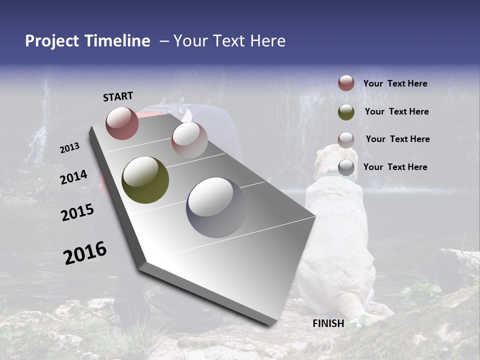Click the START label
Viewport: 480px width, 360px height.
point(118,96)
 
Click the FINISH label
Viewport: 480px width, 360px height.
point(328,323)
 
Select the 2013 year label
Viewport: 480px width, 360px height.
point(69,147)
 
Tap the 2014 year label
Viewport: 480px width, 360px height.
point(73,177)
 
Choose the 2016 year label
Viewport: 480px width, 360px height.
point(85,252)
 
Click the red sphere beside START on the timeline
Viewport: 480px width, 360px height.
point(122,123)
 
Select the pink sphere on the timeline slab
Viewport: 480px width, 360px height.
point(189,140)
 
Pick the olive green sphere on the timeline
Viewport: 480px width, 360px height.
point(145,180)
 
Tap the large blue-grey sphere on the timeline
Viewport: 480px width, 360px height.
point(216,207)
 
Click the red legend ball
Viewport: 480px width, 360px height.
point(346,83)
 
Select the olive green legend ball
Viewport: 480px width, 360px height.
point(346,111)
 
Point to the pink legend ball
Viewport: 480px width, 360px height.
point(346,139)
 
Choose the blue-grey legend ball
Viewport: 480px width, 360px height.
point(346,167)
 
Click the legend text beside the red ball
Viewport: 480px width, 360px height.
point(395,83)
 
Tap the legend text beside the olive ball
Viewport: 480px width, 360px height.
point(396,111)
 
